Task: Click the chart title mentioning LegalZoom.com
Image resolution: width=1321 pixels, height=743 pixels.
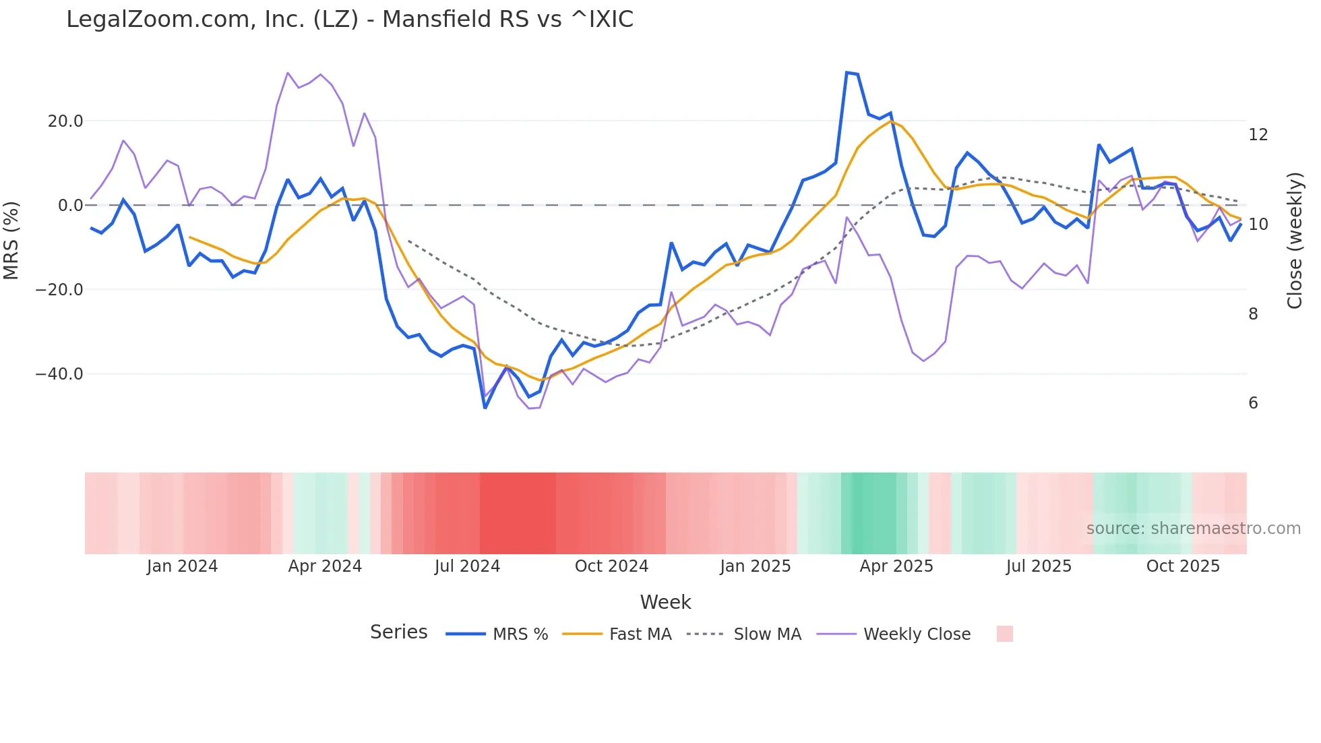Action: click(x=349, y=20)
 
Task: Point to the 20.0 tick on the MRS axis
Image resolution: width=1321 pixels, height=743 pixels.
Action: click(x=65, y=121)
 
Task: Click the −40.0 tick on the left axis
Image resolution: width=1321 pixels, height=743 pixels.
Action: click(x=59, y=374)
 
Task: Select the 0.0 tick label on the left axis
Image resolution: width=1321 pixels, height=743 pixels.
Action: click(x=71, y=206)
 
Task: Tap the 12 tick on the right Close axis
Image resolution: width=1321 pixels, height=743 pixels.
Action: click(x=1258, y=135)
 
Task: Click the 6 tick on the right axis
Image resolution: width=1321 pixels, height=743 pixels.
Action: click(x=1253, y=403)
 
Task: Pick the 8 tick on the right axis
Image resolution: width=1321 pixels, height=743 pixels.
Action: click(x=1253, y=314)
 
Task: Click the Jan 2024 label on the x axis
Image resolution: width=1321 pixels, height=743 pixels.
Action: click(x=182, y=566)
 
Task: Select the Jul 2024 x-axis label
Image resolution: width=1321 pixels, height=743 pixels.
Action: click(x=467, y=566)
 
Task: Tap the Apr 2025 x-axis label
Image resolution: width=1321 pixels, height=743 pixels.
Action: click(x=896, y=566)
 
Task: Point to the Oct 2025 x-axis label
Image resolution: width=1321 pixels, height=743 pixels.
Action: click(x=1183, y=566)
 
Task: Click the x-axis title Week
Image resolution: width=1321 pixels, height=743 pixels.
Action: click(x=665, y=602)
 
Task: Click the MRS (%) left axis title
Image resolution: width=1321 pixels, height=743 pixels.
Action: click(x=11, y=241)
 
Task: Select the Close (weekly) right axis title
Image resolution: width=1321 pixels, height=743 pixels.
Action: click(x=1294, y=241)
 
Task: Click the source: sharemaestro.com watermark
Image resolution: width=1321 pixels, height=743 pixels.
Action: click(x=1193, y=529)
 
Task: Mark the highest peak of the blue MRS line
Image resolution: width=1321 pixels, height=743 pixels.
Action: click(x=847, y=72)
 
